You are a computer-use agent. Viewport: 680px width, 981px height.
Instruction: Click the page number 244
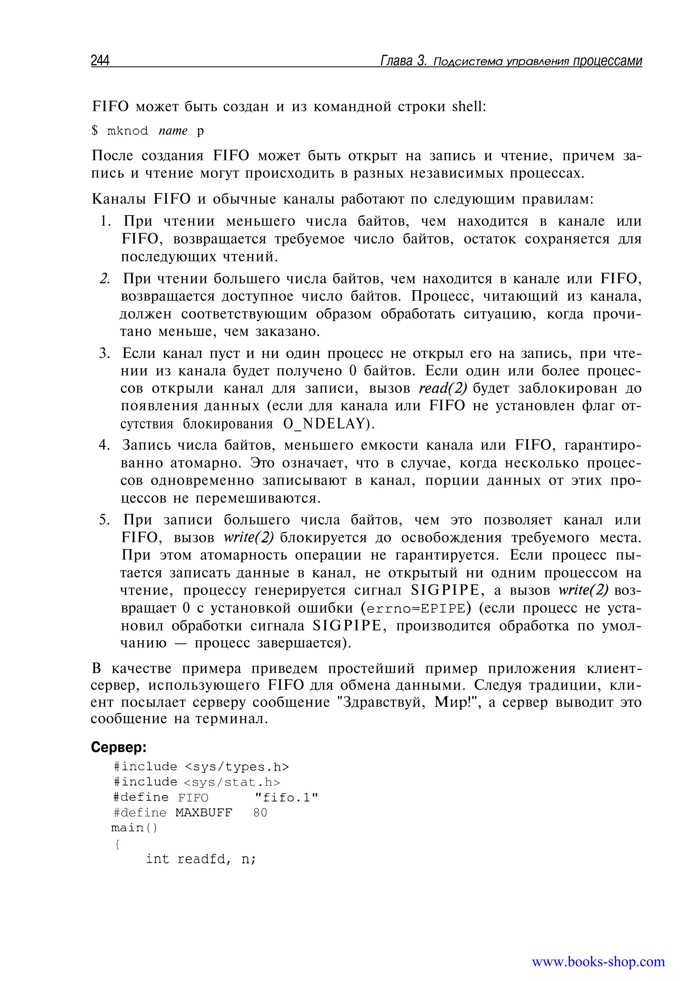click(100, 61)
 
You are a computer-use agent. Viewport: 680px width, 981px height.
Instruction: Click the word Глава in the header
click(396, 61)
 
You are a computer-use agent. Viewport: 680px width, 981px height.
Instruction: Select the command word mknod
click(127, 131)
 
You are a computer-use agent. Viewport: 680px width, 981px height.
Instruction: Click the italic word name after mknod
click(173, 131)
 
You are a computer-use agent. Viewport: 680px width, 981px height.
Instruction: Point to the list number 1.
click(105, 221)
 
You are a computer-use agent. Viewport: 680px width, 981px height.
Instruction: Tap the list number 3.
click(105, 354)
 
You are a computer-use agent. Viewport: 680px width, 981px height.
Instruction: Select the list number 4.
click(105, 446)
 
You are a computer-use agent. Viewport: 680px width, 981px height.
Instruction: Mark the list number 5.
click(105, 520)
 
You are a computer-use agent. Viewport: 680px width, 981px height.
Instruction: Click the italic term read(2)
click(443, 389)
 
